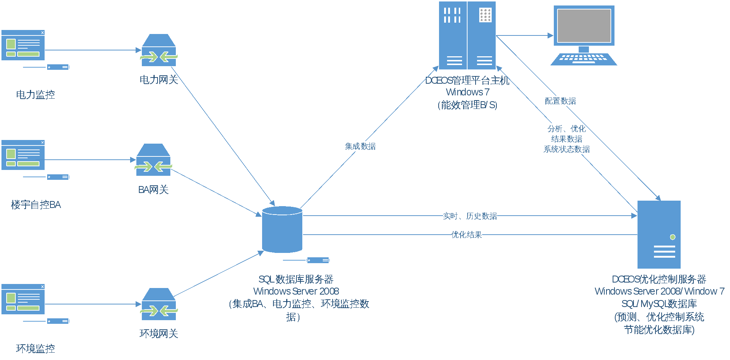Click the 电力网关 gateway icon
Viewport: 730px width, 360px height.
click(159, 50)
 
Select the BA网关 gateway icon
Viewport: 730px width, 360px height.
click(154, 160)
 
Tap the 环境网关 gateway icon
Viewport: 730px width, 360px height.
click(159, 304)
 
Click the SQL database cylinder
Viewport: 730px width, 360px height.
click(282, 230)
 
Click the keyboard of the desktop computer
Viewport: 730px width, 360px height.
click(584, 58)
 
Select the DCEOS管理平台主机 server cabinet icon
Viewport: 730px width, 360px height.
click(467, 35)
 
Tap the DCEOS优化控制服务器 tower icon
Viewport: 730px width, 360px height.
click(659, 235)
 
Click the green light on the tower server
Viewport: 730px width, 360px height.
click(673, 237)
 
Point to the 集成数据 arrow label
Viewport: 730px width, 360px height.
click(360, 147)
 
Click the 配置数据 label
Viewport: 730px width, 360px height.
click(560, 101)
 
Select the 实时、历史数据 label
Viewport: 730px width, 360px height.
click(470, 216)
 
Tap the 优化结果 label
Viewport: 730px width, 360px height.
click(466, 235)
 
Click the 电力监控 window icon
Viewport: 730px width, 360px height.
click(23, 45)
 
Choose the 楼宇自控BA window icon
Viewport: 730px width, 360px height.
click(23, 155)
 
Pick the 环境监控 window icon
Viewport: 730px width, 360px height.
click(23, 299)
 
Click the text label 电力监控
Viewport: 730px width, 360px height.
click(35, 95)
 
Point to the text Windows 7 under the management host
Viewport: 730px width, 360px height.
click(468, 92)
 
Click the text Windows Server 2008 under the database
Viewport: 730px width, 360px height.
click(296, 291)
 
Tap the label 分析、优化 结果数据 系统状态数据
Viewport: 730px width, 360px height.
click(567, 139)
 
